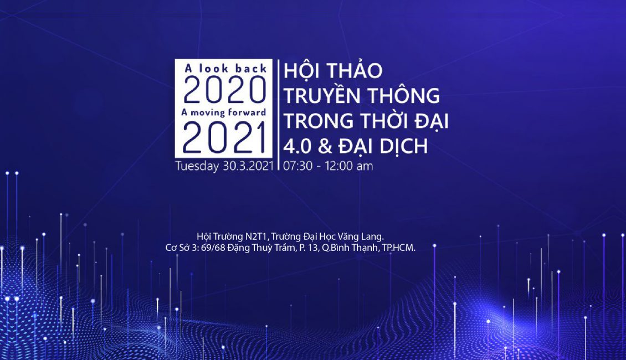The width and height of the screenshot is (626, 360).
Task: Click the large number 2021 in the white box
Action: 224,138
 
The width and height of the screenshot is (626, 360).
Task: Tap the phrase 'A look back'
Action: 225,68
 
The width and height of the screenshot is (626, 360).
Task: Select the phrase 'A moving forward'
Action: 224,112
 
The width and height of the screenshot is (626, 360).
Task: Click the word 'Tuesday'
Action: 197,166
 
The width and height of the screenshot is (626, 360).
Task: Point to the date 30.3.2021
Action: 248,166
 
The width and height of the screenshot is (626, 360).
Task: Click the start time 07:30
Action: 297,166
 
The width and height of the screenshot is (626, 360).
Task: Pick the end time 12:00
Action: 339,166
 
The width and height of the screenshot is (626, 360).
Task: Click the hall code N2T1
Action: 256,236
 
